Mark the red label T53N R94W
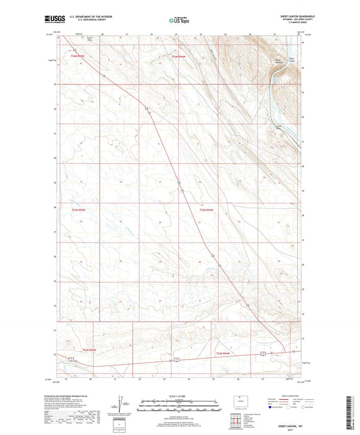pyautogui.click(x=223, y=353)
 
